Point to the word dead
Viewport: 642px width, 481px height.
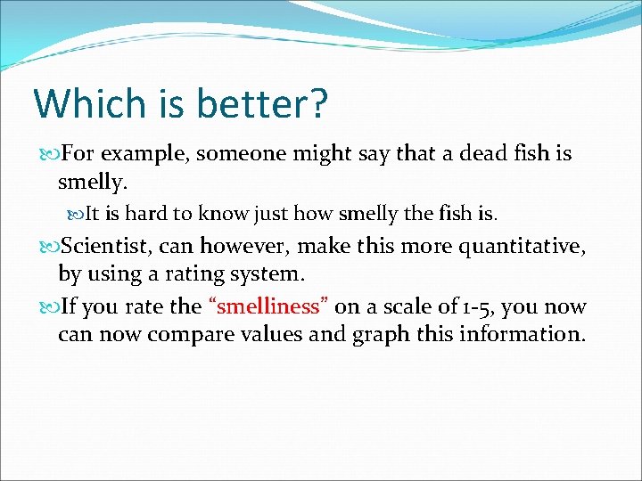coord(485,154)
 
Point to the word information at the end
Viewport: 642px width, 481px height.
coord(522,335)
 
